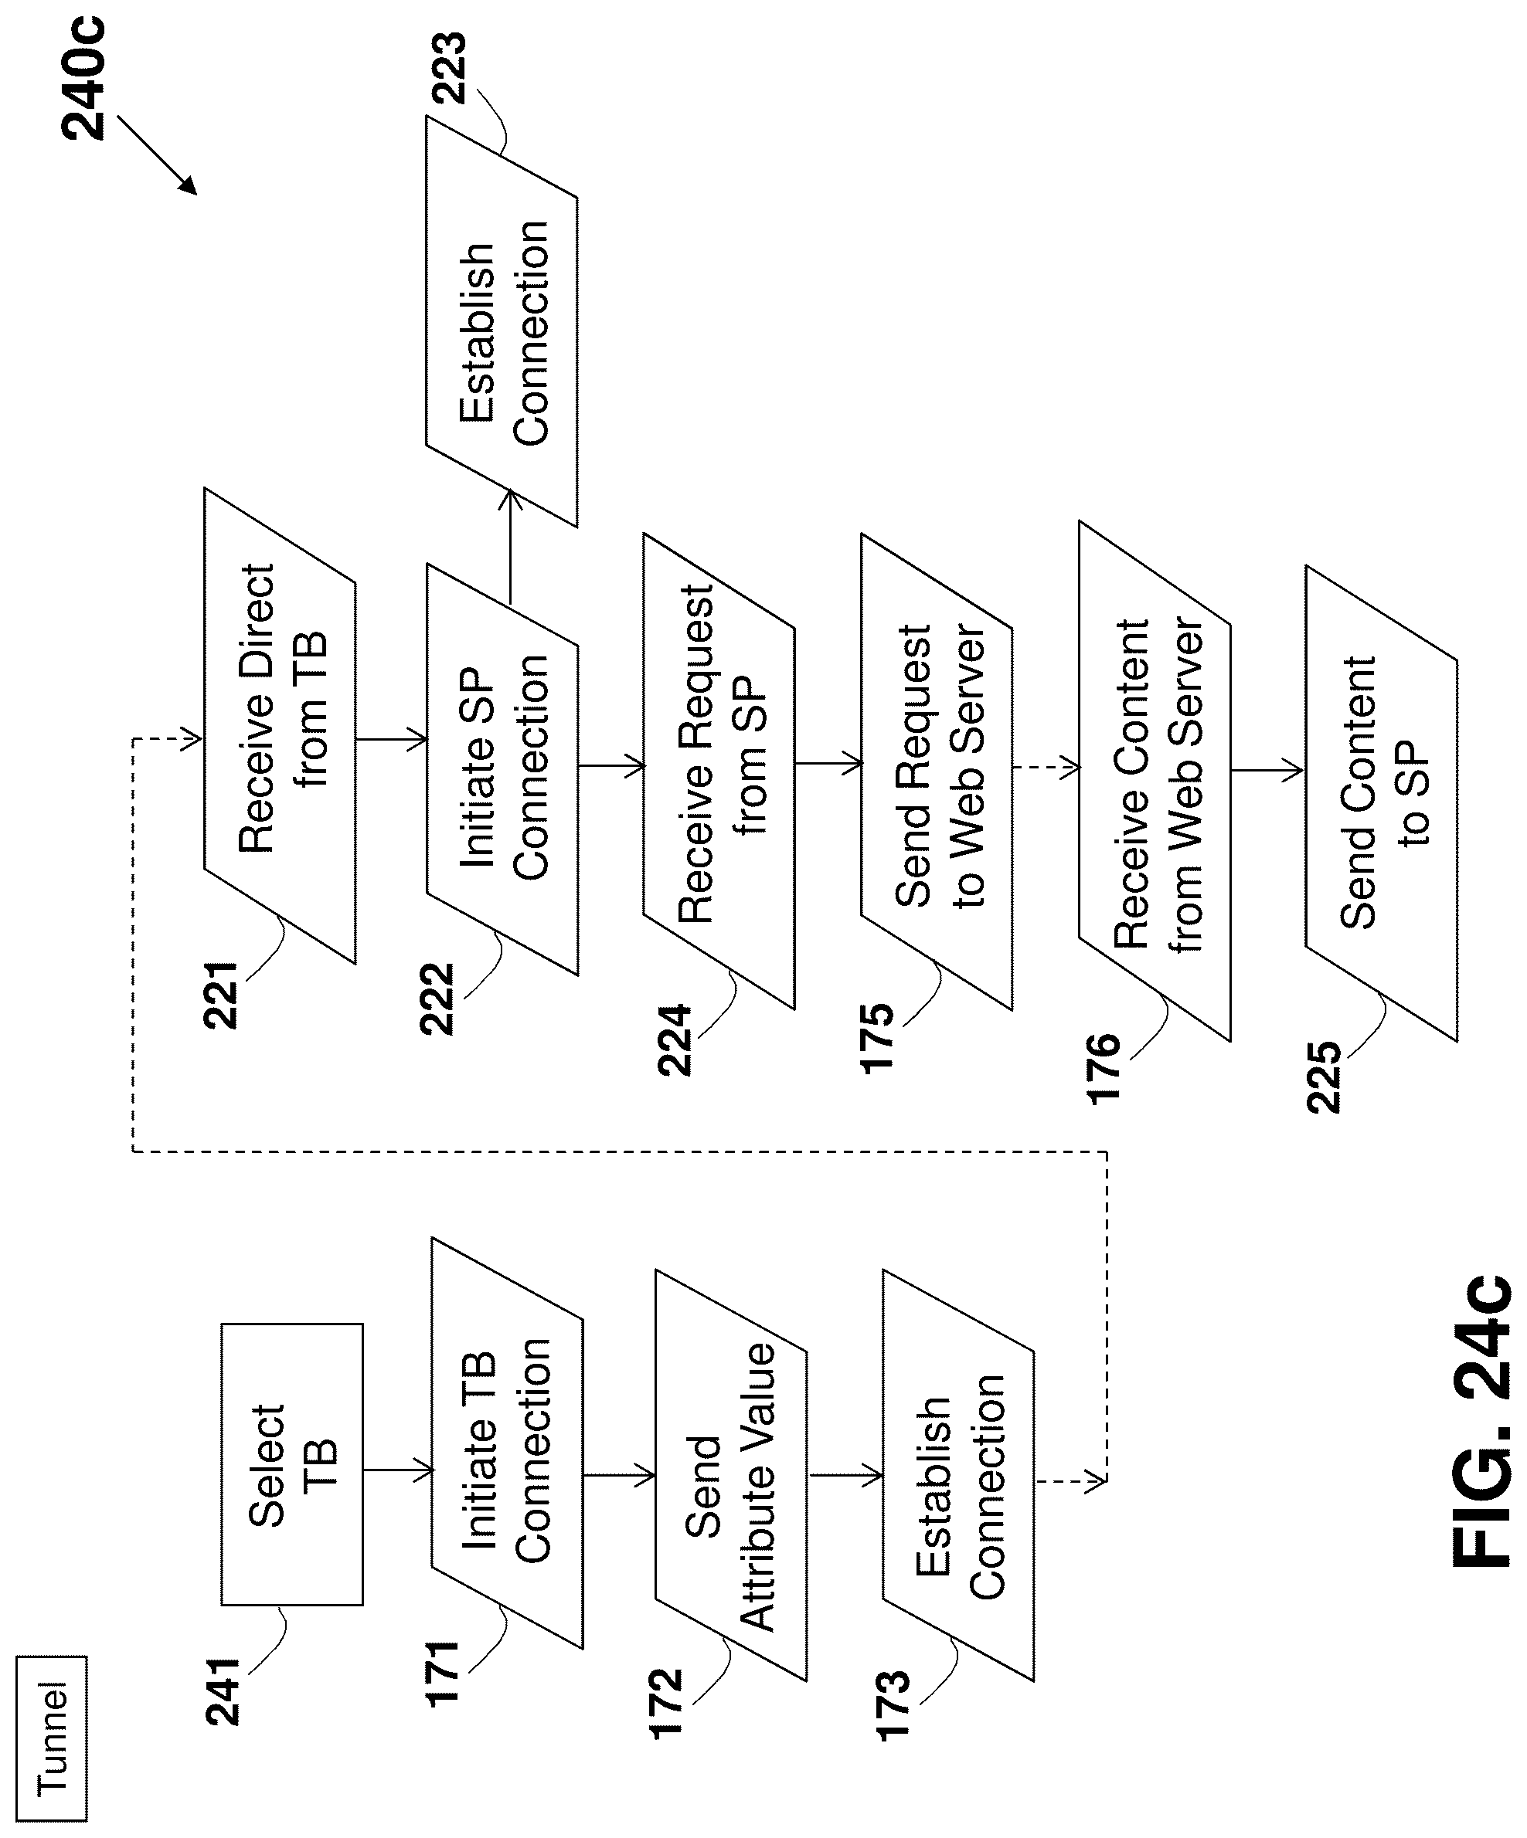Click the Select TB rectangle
click(x=291, y=1463)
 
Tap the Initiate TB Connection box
click(x=507, y=1443)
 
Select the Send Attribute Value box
click(x=731, y=1475)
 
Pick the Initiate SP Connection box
click(x=502, y=768)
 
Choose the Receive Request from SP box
click(x=719, y=771)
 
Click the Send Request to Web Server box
click(x=937, y=771)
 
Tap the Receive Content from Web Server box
click(x=1155, y=781)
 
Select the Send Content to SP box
click(x=1382, y=802)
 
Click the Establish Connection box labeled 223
click(x=502, y=321)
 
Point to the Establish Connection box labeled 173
click(x=959, y=1476)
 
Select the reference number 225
click(x=1323, y=1077)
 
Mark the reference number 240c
click(x=83, y=78)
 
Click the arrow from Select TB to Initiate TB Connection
click(x=399, y=1470)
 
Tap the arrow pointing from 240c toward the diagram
click(x=157, y=155)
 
